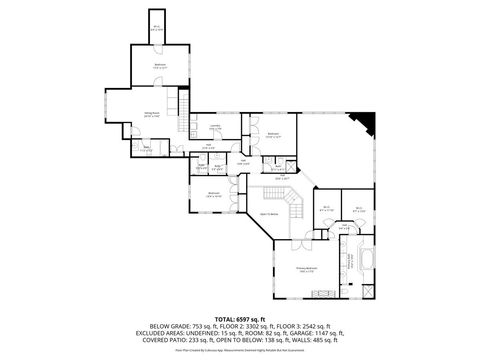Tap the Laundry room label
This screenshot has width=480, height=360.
coord(217,126)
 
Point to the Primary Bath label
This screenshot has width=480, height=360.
coord(350,262)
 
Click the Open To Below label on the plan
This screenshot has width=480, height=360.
coord(268,214)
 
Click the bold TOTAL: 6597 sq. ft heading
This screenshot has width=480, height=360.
coord(239,317)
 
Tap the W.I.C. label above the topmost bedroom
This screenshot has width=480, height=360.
coord(156,27)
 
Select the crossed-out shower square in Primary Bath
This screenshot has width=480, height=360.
coord(371,291)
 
